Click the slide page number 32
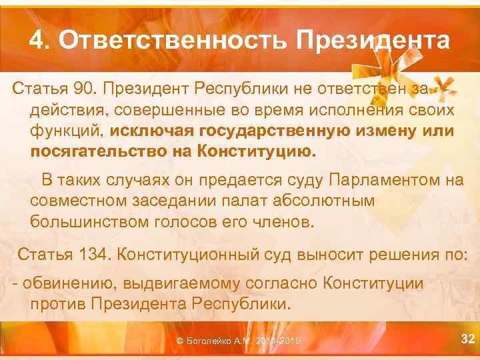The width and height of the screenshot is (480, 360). [469, 340]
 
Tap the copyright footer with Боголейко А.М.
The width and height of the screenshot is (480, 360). [237, 341]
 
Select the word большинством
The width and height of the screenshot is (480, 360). [89, 221]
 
